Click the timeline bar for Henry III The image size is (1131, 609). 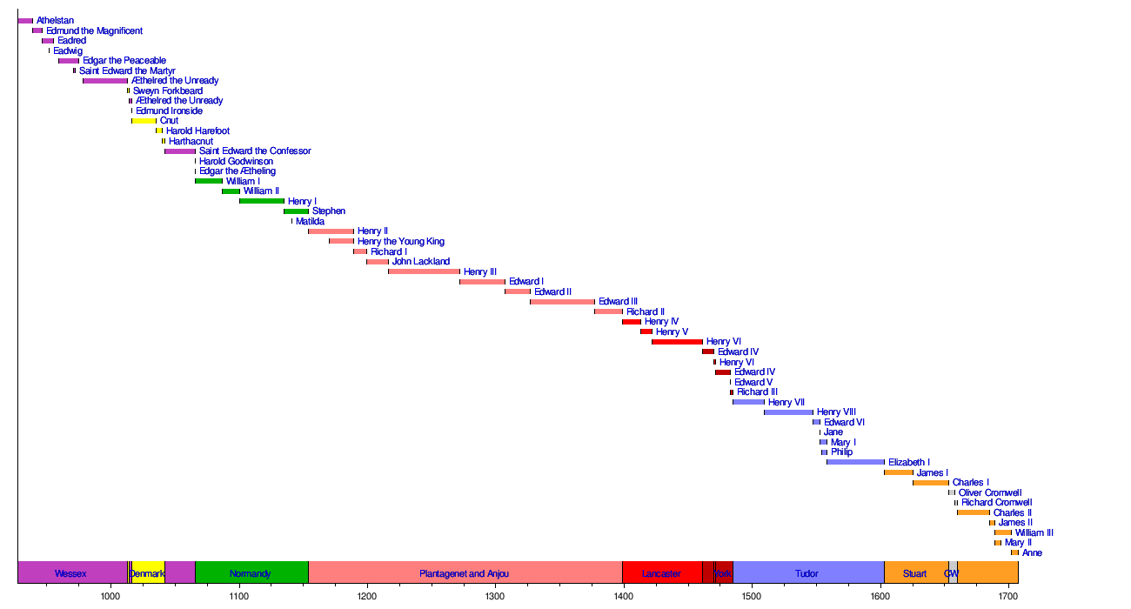424,271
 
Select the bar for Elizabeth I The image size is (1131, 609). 855,462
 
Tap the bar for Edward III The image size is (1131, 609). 562,302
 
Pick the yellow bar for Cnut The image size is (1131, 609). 144,121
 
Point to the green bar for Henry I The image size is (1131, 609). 262,201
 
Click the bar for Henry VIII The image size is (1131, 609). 788,412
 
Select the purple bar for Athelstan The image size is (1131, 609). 25,21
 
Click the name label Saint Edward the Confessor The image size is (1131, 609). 255,151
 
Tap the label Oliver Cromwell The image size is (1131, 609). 990,492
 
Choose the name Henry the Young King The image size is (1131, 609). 401,242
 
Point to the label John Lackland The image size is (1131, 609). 421,262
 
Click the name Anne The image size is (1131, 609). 1032,552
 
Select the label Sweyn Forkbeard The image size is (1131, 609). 168,91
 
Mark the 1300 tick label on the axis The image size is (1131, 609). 495,596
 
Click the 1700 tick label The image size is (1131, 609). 1008,596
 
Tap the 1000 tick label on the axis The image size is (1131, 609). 110,596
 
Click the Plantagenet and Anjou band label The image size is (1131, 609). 464,574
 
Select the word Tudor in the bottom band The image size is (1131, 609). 806,574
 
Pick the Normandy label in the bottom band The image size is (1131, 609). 250,574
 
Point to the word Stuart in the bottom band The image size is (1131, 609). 914,574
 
